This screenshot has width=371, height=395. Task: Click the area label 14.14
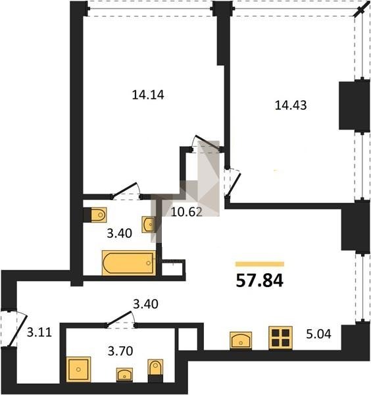pos(148,95)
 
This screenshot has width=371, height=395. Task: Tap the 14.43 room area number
pos(291,105)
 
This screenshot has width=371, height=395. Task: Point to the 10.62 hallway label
pos(187,212)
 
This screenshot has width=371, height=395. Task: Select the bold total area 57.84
pos(259,280)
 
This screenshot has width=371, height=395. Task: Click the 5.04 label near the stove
pos(318,334)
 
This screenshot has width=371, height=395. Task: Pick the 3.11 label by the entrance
pos(39,332)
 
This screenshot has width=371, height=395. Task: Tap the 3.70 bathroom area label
pos(120,351)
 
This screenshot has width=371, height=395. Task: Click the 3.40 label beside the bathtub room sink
pos(119,234)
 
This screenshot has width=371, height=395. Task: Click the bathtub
pos(129,263)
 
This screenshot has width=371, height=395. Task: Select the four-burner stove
pos(280,338)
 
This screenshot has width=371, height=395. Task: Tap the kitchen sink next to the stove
pos(241,340)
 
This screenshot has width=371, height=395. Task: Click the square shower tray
pos(78,369)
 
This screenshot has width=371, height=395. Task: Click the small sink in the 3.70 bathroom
pos(124,375)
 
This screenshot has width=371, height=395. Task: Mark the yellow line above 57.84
pos(260,264)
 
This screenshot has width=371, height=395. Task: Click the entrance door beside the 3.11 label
pos(18,330)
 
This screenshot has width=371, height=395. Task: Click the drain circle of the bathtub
pos(149,263)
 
